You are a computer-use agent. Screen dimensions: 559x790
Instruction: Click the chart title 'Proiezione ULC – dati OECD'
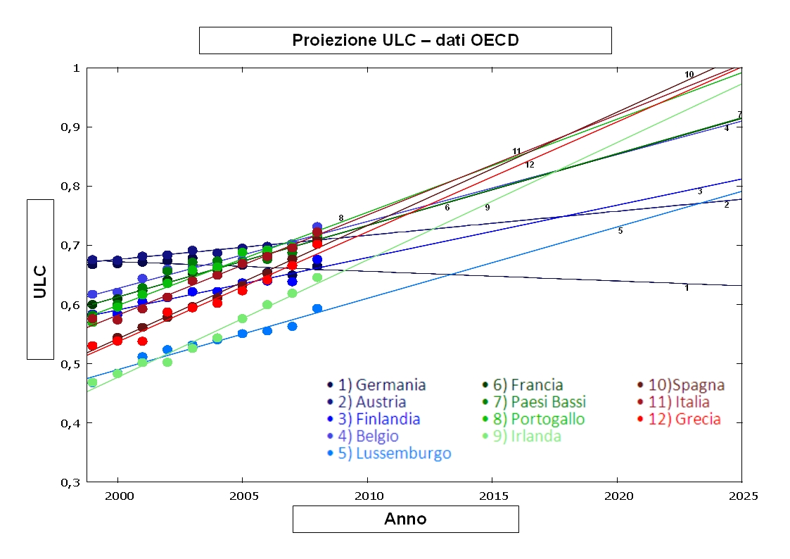(405, 40)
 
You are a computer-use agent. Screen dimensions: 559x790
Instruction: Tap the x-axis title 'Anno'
(405, 520)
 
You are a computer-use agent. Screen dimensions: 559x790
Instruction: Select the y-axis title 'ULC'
(40, 279)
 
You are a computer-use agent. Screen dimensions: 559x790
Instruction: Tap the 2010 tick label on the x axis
(367, 496)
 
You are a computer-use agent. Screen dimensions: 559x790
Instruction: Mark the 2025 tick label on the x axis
(741, 496)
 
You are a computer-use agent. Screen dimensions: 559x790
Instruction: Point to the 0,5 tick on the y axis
(70, 364)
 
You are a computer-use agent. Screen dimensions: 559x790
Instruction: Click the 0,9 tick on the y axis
(70, 127)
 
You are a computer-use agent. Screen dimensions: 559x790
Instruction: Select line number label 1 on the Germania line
(687, 288)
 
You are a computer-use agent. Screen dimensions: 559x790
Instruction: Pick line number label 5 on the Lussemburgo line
(620, 231)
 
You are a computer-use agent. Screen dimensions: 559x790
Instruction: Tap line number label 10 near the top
(689, 75)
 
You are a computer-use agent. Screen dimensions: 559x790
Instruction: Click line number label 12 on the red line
(530, 165)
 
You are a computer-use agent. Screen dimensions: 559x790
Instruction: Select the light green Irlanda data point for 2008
(317, 277)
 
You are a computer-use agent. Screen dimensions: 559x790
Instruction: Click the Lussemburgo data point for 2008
(317, 308)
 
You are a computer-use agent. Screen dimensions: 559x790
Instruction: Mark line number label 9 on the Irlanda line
(487, 208)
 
